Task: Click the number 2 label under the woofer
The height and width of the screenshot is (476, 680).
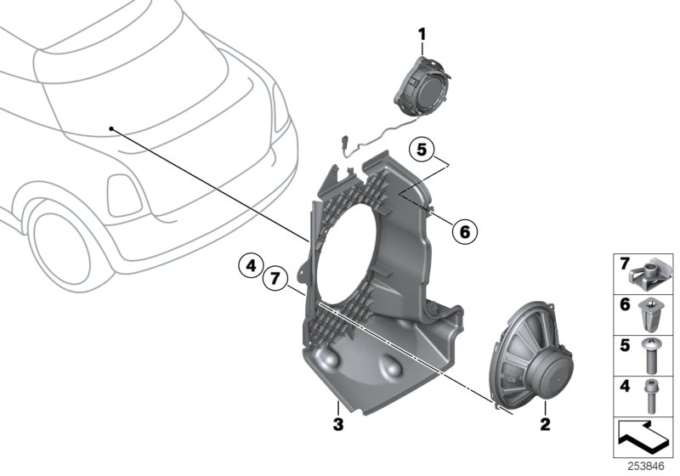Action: pos(545,422)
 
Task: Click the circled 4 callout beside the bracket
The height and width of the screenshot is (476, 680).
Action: pos(250,267)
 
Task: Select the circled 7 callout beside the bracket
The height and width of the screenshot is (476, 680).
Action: pos(274,277)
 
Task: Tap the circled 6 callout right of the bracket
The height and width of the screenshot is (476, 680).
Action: pos(463,229)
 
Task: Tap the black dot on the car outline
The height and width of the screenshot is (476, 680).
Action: pos(111,128)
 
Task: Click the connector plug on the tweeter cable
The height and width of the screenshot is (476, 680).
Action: pos(346,143)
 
